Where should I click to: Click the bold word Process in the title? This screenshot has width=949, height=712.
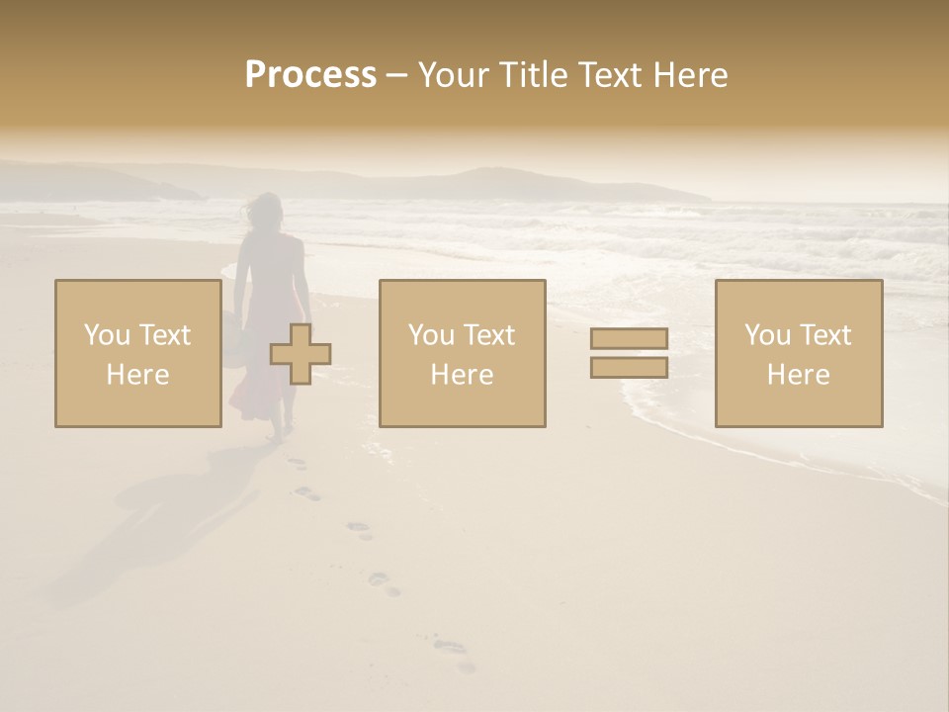(310, 75)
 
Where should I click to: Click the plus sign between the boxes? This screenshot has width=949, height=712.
(301, 354)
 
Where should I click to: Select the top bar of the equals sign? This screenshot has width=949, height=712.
(629, 339)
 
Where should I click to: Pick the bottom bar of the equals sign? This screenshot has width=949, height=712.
(629, 368)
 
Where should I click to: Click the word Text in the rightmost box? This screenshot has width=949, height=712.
(825, 335)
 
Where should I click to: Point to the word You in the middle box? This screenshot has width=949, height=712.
(431, 335)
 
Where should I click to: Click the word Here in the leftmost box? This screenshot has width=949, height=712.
(137, 375)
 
